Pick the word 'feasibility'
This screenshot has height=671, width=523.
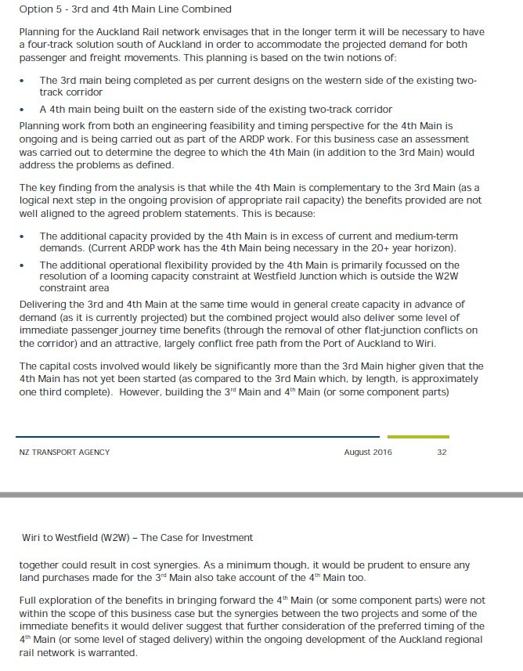pos(277,125)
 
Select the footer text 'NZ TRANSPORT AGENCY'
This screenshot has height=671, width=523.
pos(65,453)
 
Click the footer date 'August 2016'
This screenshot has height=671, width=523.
pos(368,453)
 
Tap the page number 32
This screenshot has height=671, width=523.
pos(442,453)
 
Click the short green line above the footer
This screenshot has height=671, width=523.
pos(418,437)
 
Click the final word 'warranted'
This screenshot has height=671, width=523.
pos(109,653)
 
